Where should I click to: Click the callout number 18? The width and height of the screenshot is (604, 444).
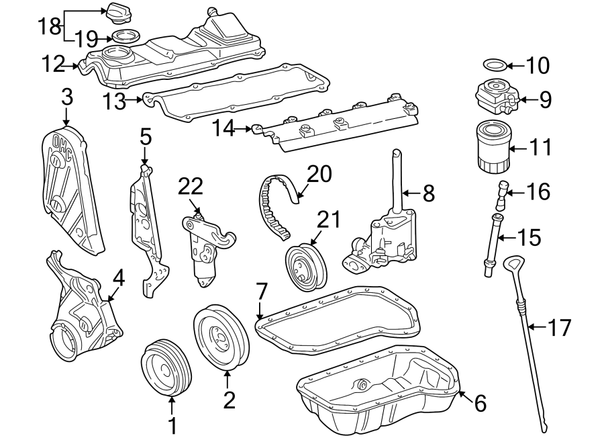(x=49, y=27)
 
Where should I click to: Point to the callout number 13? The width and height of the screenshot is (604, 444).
(x=115, y=101)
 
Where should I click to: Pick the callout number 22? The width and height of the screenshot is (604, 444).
(x=191, y=187)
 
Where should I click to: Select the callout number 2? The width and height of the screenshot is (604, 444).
(x=230, y=400)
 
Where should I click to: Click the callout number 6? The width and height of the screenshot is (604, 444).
(x=479, y=403)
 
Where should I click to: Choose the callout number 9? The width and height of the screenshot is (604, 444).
(x=545, y=100)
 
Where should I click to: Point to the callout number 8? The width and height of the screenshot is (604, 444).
(x=429, y=193)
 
